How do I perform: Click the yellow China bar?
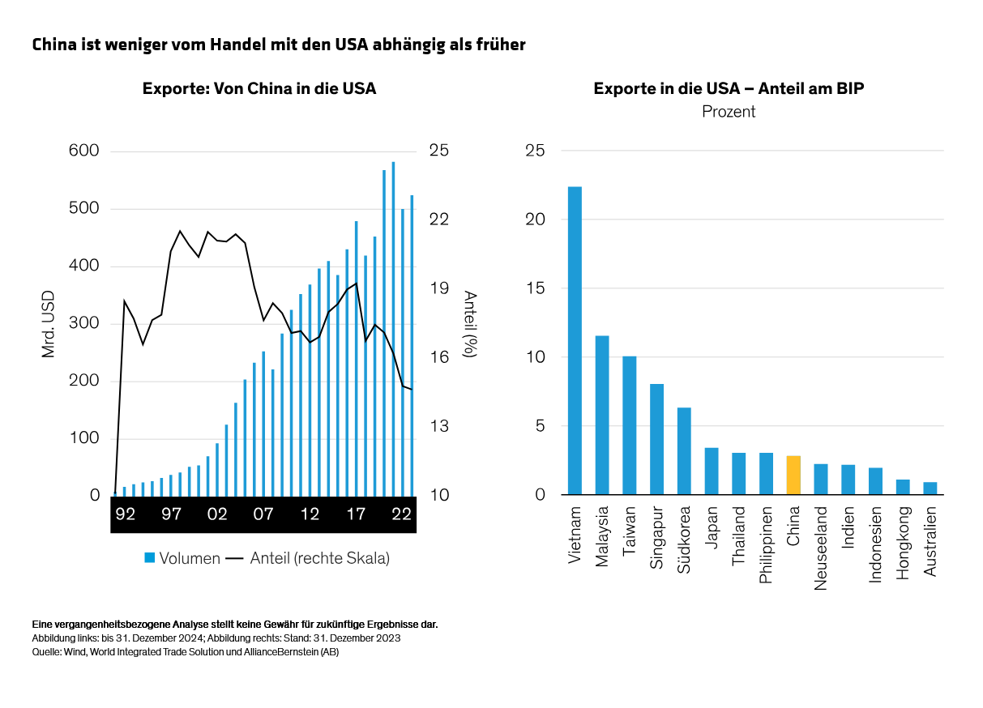793,476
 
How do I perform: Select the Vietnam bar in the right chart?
575,340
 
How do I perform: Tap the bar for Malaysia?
602,415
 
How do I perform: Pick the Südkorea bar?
684,450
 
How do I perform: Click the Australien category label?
930,542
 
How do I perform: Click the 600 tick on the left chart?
83,151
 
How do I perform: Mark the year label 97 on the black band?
171,514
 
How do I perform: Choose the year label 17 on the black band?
355,514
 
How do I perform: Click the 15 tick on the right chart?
535,288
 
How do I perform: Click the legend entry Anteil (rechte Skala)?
308,558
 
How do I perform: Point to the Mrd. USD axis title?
48,323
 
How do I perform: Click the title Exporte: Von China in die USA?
259,88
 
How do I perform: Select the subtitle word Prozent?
729,112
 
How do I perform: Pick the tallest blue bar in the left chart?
393,328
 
